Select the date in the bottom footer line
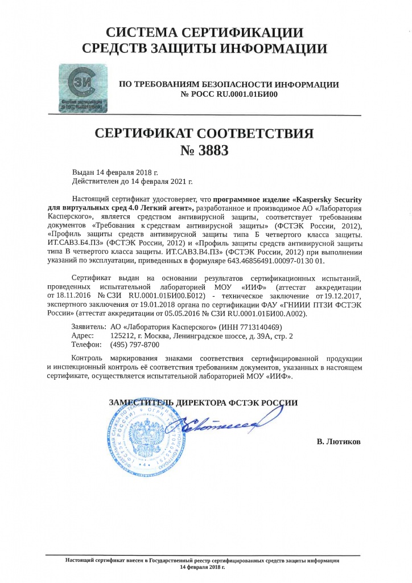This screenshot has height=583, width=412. click(203, 568)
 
